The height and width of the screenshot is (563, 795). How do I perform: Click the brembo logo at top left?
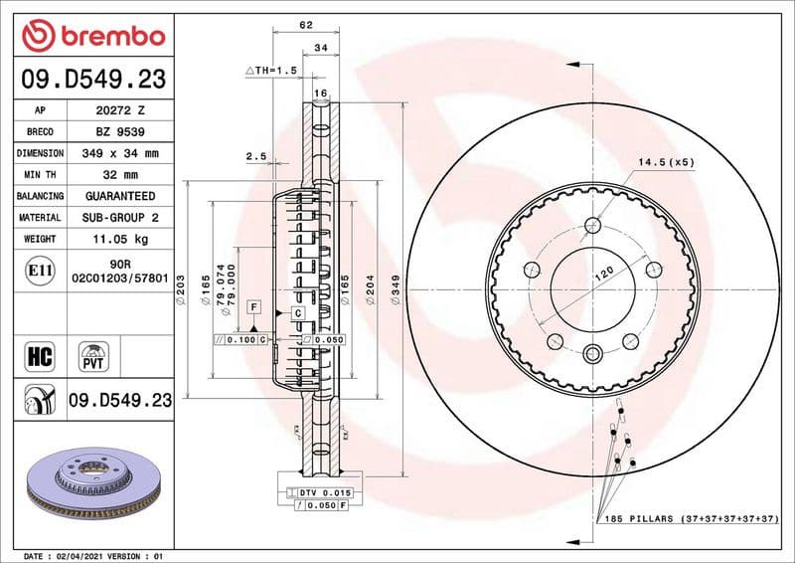(x=91, y=35)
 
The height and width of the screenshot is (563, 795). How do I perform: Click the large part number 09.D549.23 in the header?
(x=91, y=80)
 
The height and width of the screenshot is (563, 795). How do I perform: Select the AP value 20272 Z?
(x=119, y=110)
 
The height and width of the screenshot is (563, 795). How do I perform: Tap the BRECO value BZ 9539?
(x=119, y=132)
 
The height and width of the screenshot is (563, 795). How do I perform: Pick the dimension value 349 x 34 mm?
(x=119, y=153)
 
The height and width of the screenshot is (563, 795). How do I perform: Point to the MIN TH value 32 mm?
(x=119, y=175)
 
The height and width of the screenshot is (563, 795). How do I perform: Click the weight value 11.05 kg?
(x=119, y=239)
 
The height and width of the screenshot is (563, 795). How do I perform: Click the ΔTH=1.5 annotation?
(x=272, y=71)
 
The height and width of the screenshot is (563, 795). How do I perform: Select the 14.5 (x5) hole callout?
(x=666, y=161)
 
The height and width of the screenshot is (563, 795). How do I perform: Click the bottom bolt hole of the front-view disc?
(x=593, y=354)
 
